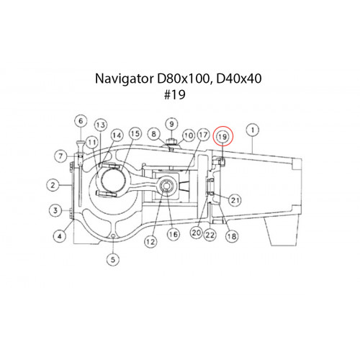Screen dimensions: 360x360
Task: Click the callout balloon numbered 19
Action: coord(222,137)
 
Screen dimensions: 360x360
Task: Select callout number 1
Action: coord(253,130)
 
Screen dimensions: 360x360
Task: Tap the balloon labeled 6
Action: coord(81,121)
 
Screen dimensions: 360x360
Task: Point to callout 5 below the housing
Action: coord(113,259)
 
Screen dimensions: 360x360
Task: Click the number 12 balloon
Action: coord(150,241)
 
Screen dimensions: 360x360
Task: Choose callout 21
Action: coord(235,199)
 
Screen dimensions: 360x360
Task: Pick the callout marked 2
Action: coord(53,185)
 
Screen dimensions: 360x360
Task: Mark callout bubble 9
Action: coord(171,125)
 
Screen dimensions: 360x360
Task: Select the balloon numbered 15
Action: coord(135,134)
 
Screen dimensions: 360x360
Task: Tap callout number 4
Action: coord(60,236)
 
